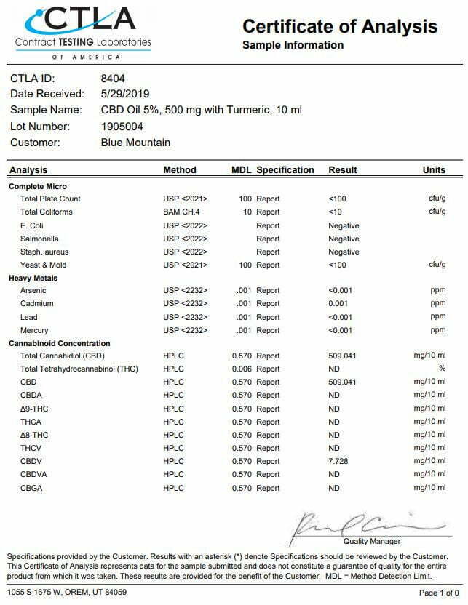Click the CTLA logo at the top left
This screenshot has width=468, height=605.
pyautogui.click(x=83, y=29)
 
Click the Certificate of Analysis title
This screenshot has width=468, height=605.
pyautogui.click(x=340, y=27)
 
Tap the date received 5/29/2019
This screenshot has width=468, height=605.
pyautogui.click(x=124, y=94)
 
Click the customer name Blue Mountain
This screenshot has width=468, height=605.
pyautogui.click(x=135, y=143)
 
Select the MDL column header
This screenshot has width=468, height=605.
pyautogui.click(x=241, y=170)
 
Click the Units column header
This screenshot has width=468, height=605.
pyautogui.click(x=434, y=170)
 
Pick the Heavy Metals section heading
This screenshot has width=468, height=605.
pyautogui.click(x=33, y=278)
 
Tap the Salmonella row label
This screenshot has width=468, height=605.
pyautogui.click(x=39, y=239)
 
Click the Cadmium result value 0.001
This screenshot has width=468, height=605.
pyautogui.click(x=339, y=304)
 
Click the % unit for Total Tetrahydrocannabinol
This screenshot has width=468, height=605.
pyautogui.click(x=442, y=369)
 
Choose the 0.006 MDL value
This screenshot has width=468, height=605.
pyautogui.click(x=241, y=369)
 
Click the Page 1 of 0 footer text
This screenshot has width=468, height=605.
pyautogui.click(x=439, y=593)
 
